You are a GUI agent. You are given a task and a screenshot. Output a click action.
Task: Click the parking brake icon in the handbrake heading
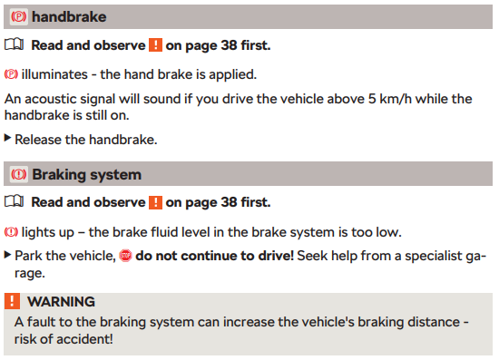pyautogui.click(x=18, y=17)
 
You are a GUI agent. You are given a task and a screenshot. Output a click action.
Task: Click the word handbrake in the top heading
pyautogui.click(x=69, y=17)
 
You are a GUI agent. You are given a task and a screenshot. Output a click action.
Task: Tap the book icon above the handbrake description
pyautogui.click(x=14, y=44)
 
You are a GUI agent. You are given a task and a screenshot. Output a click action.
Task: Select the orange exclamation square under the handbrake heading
pyautogui.click(x=156, y=44)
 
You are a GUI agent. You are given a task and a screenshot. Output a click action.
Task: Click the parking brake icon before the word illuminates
pyautogui.click(x=11, y=74)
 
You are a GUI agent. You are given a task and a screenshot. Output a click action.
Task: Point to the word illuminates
pyautogui.click(x=54, y=74)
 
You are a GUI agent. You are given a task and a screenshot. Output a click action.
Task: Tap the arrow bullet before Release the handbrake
pyautogui.click(x=7, y=138)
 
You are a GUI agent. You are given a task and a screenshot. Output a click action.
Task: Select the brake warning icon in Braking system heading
pyautogui.click(x=18, y=174)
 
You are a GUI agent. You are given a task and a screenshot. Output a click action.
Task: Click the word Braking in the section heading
pyautogui.click(x=59, y=175)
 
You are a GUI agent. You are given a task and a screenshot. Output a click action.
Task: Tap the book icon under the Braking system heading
pyautogui.click(x=14, y=201)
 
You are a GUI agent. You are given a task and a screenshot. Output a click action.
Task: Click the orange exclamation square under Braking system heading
pyautogui.click(x=156, y=202)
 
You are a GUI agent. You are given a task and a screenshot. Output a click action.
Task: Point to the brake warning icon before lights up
pyautogui.click(x=11, y=232)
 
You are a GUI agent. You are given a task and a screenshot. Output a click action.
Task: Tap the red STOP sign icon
pyautogui.click(x=125, y=256)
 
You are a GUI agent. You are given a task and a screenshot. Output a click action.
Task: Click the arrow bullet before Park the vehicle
pyautogui.click(x=7, y=255)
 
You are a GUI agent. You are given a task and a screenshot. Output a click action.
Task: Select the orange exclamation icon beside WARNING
pyautogui.click(x=12, y=301)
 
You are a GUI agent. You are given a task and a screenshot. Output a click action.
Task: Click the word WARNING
pyautogui.click(x=61, y=301)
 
